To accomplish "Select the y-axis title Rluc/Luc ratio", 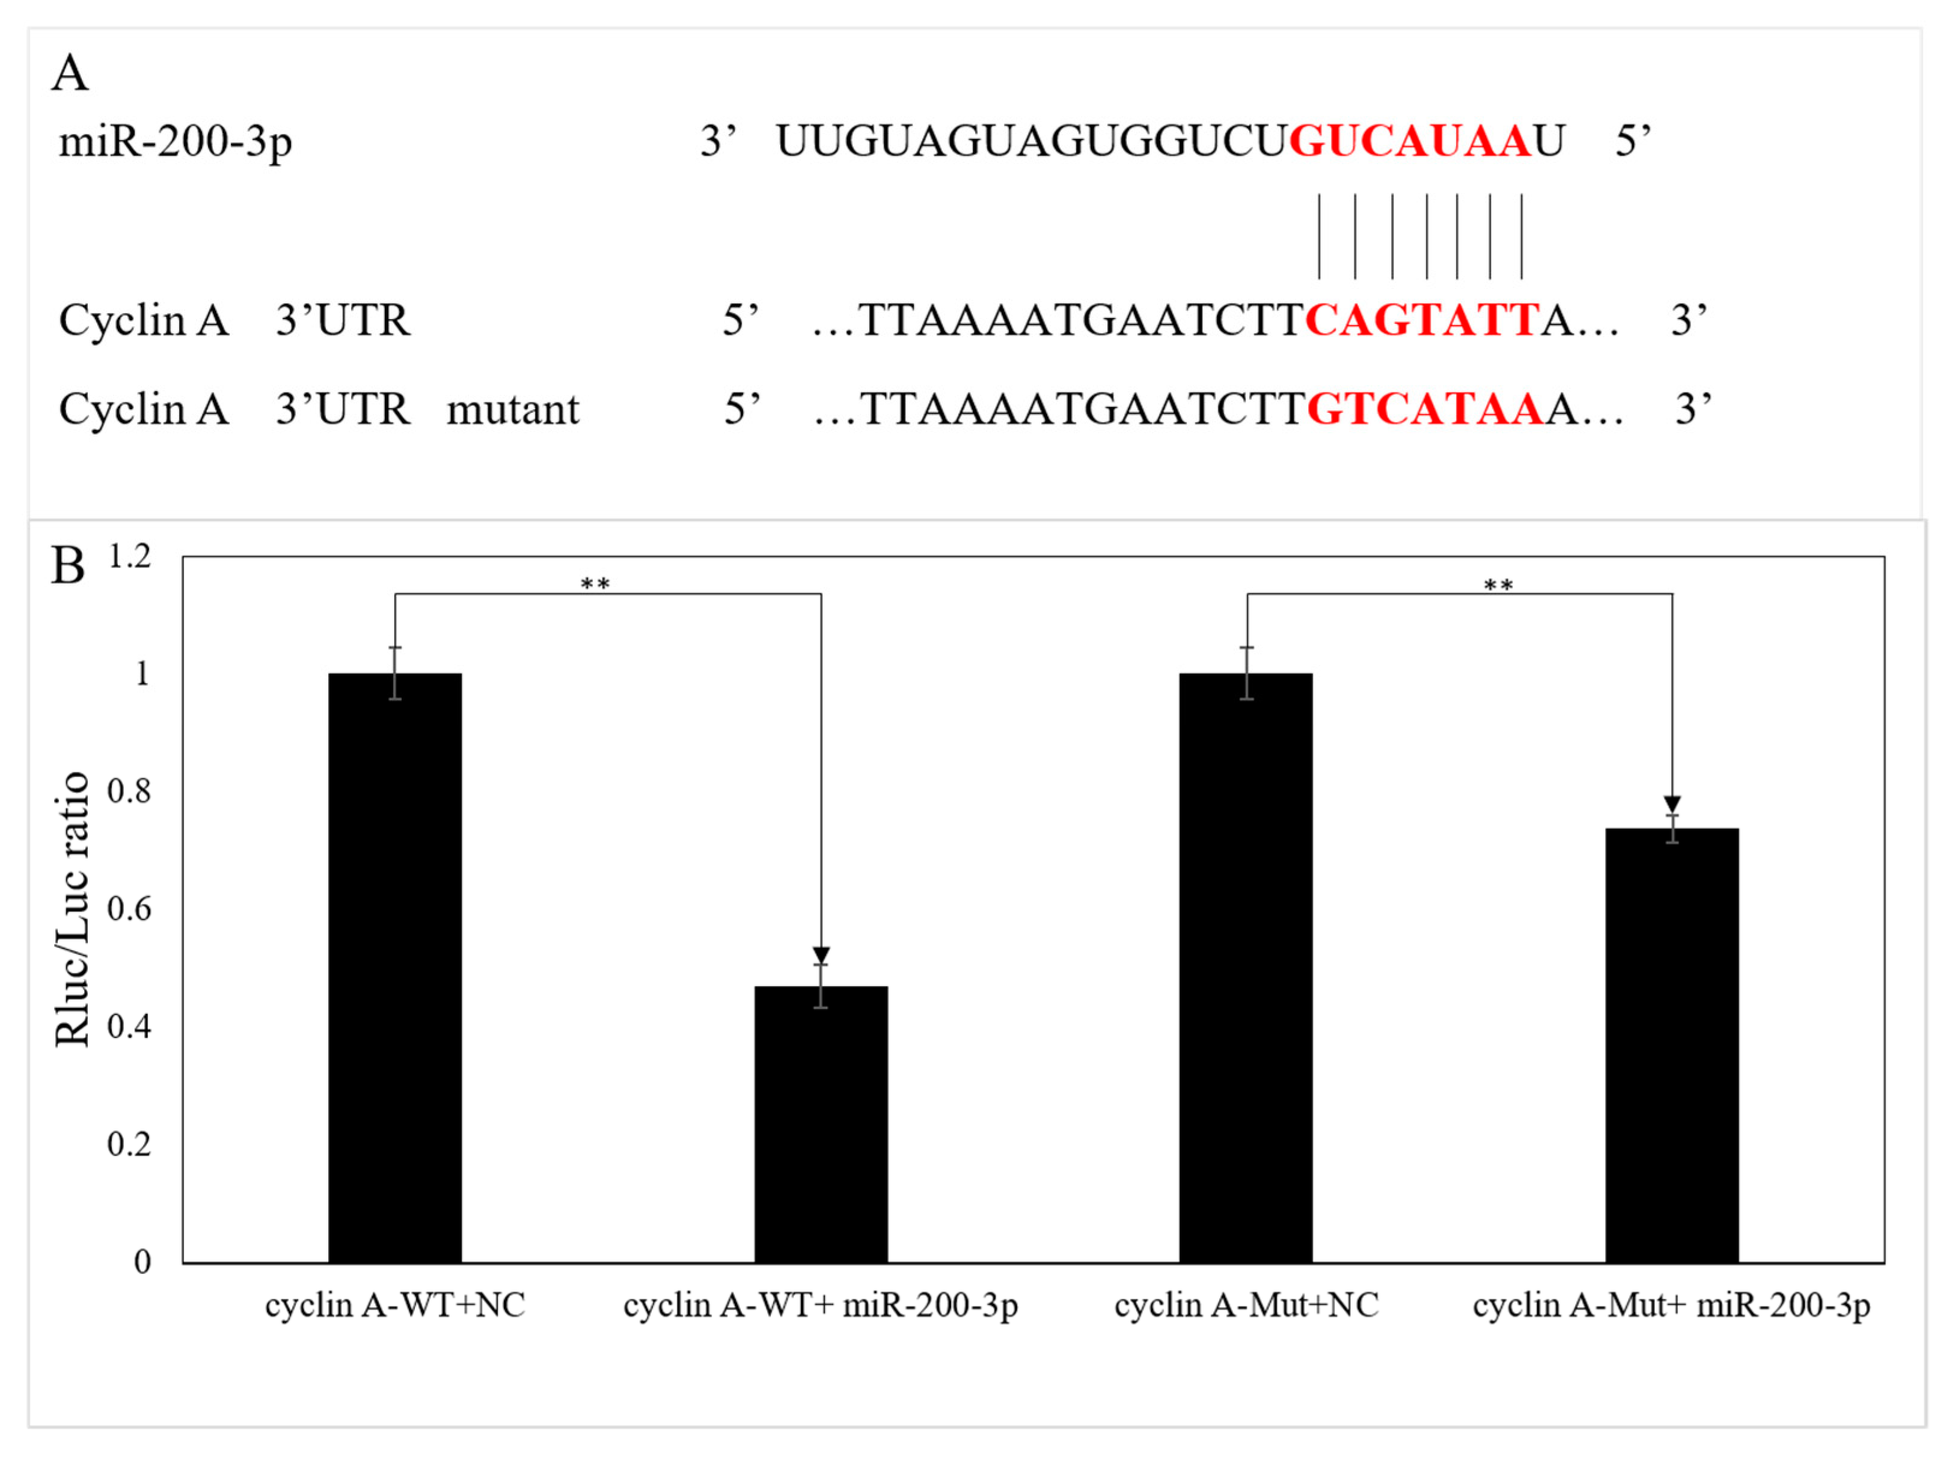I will (x=72, y=909).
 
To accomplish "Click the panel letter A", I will (x=70, y=73).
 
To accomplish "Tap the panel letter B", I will (x=68, y=566).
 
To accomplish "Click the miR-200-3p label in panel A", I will (x=175, y=141).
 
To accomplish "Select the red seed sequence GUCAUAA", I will (x=1409, y=141).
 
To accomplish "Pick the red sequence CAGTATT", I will (x=1422, y=320).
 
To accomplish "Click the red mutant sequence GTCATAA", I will (x=1424, y=409).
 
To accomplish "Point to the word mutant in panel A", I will (x=513, y=409).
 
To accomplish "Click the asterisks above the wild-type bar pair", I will (x=595, y=583).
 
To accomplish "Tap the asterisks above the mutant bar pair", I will (x=1498, y=585).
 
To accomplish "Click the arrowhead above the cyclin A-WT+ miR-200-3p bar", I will (x=821, y=956).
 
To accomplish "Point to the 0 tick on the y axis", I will (x=142, y=1261).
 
